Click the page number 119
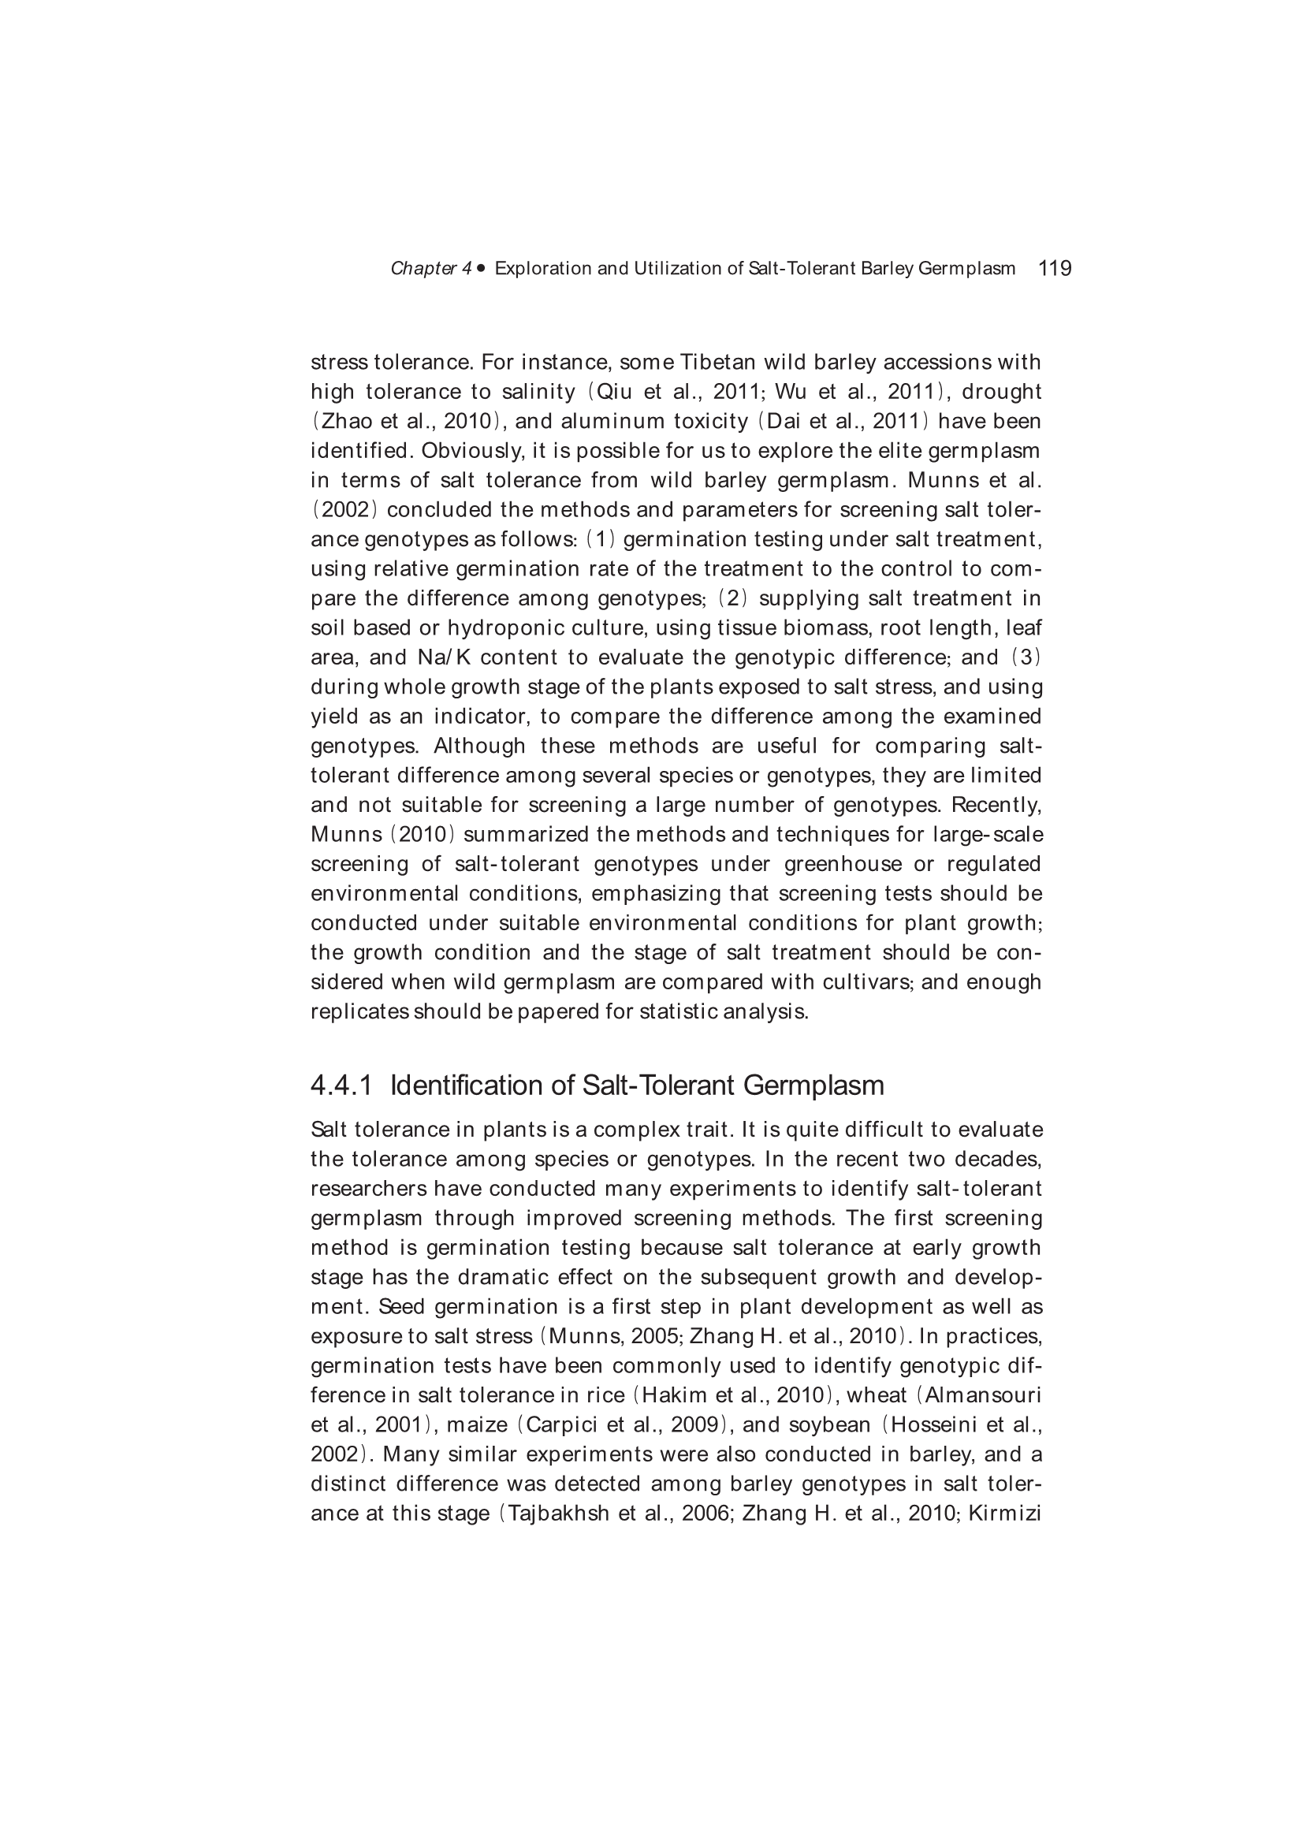[1054, 268]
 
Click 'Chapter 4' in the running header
[430, 269]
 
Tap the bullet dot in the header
[481, 268]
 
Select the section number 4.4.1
[341, 1085]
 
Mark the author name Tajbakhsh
[559, 1513]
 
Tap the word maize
[477, 1425]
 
